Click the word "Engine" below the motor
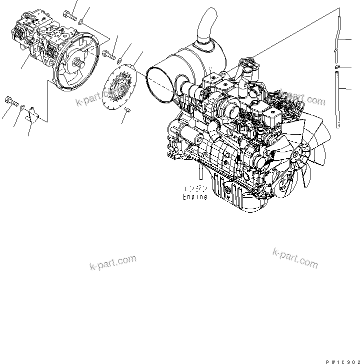tap(194, 197)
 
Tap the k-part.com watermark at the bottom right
tap(295, 257)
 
